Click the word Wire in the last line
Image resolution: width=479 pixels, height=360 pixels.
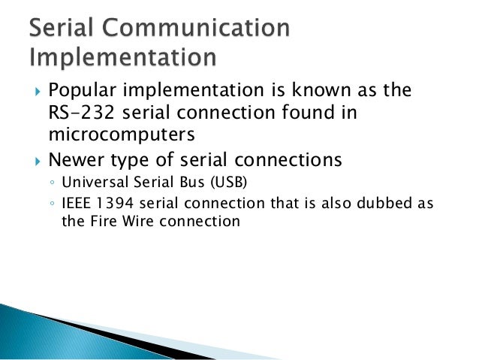pyautogui.click(x=135, y=222)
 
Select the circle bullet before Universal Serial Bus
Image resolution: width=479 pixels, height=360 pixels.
pyautogui.click(x=50, y=183)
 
